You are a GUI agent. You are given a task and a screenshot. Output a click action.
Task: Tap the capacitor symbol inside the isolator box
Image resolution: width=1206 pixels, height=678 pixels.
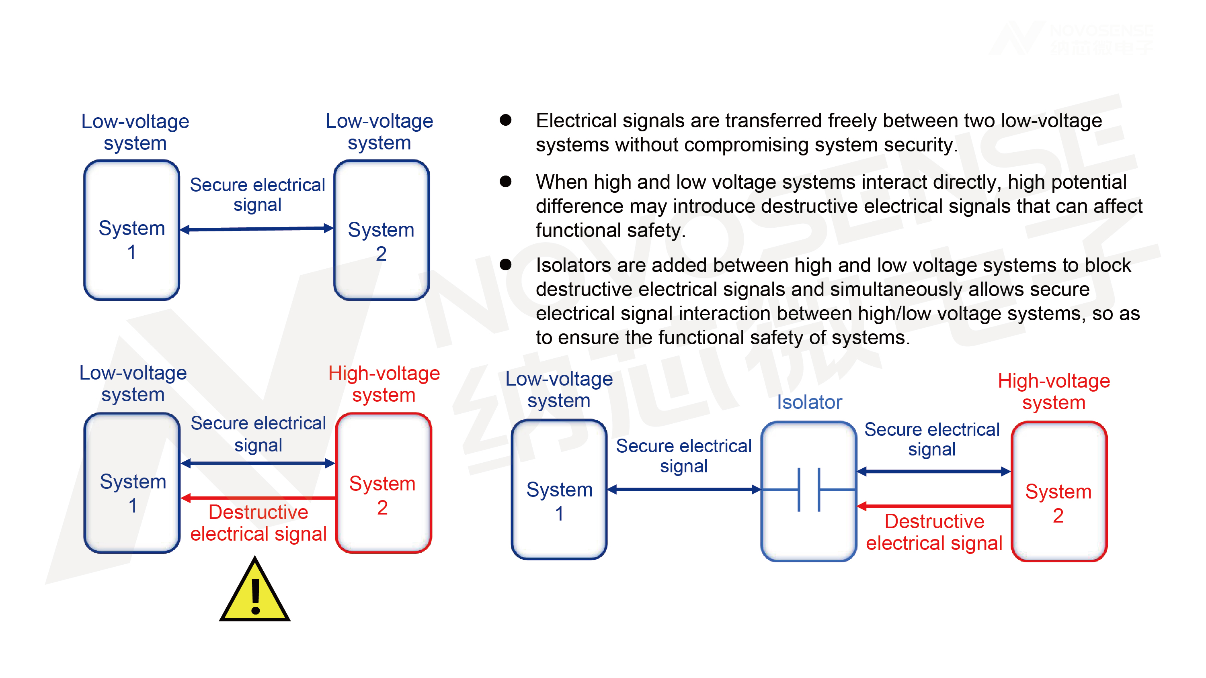tap(809, 490)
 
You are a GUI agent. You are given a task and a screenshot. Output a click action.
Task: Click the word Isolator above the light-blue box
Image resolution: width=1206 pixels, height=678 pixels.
tap(810, 402)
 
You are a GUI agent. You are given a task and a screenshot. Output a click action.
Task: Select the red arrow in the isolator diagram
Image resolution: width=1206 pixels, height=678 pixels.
tap(934, 506)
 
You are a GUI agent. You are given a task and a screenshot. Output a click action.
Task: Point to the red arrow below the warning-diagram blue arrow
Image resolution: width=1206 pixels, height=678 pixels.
tap(258, 498)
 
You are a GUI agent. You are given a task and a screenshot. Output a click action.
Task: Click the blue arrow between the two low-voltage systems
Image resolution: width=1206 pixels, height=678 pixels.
tap(256, 229)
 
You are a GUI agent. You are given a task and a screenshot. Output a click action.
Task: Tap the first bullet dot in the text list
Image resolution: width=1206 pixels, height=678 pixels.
tap(506, 120)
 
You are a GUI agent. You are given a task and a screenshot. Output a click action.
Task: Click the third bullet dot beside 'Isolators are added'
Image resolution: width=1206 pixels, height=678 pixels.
tap(506, 265)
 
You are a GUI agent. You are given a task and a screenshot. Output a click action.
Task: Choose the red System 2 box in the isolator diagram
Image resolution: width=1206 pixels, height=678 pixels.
tap(1059, 491)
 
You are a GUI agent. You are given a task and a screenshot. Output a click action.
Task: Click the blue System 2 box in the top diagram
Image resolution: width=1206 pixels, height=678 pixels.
tap(381, 230)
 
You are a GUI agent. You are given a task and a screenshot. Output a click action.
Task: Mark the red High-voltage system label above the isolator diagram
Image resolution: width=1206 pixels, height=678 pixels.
tap(1054, 392)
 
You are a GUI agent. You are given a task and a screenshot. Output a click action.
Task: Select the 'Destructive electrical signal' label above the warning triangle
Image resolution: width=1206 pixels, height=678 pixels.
tap(258, 523)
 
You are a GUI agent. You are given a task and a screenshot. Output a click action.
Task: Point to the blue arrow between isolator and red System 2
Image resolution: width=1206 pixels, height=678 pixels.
tap(934, 471)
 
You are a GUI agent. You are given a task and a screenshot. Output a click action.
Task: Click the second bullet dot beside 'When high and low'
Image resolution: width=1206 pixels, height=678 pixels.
tap(506, 182)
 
